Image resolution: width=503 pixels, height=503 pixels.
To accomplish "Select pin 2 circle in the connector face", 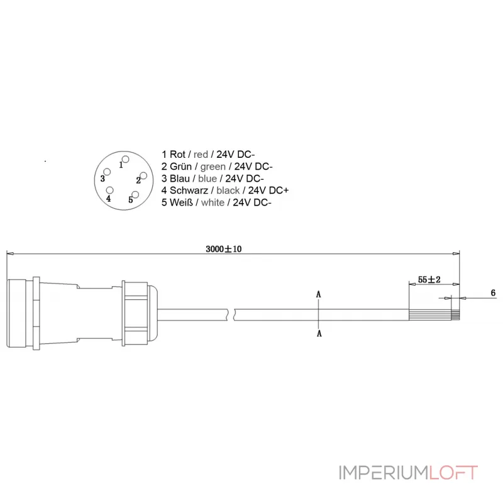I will point(143,175).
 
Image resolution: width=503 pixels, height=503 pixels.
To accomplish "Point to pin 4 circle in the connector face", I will point(110,190).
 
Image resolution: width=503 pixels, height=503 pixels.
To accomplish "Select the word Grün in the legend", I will point(180,166).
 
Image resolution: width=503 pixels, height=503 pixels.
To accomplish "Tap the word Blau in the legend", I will point(180,178).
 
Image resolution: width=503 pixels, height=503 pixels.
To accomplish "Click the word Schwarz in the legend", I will point(189,190).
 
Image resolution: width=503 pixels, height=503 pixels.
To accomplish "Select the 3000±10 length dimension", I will point(224,249).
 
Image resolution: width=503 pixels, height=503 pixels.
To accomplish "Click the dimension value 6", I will point(493,294).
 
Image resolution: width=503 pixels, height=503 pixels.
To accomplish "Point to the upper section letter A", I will point(319,294).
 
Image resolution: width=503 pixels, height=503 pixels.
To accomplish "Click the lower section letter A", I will point(319,333).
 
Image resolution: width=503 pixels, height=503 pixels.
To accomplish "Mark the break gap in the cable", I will point(233,313).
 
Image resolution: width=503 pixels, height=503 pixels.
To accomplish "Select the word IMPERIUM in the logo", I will point(383,472).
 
